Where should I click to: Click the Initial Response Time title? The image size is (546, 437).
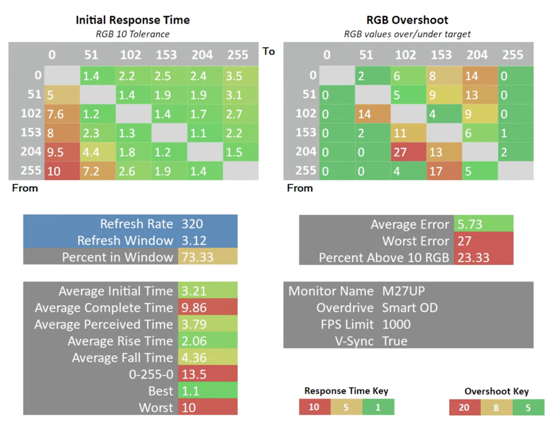tap(133, 20)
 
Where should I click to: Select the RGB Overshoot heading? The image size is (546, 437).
tap(407, 20)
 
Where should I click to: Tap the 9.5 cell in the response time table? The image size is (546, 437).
tap(62, 152)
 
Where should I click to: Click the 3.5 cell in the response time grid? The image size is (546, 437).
tap(241, 76)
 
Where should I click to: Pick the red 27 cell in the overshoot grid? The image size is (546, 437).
tap(409, 152)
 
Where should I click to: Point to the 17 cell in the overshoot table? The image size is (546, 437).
tap(444, 171)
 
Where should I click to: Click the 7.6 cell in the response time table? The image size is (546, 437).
tap(62, 114)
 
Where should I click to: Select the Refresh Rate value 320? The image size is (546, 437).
tap(192, 224)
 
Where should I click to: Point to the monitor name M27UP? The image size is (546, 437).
tap(404, 291)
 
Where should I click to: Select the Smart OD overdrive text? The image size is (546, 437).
tap(410, 308)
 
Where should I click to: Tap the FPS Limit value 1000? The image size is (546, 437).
tap(397, 324)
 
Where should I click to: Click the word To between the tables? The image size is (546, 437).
tap(268, 51)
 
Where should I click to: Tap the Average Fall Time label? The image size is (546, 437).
tap(123, 357)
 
